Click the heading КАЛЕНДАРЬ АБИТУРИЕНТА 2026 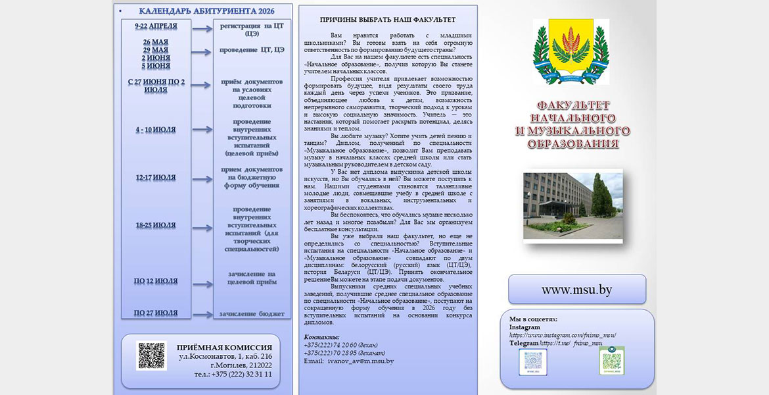207,11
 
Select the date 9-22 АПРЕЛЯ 156,26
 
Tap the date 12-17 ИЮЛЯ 156,178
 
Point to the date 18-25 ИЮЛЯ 156,226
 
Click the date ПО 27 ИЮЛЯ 156,313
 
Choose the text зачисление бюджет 252,314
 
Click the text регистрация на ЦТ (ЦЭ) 252,29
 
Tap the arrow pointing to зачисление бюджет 202,315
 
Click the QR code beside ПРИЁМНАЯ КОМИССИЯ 151,355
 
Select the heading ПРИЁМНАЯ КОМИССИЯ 224,348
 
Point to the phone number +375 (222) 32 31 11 233,374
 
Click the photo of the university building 572,206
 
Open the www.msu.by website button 576,290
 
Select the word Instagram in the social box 524,327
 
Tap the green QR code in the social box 611,361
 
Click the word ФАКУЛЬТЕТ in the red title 573,105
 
